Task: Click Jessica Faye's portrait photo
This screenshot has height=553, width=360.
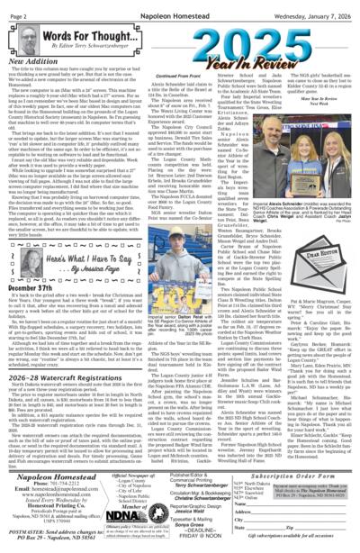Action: tap(20, 233)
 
